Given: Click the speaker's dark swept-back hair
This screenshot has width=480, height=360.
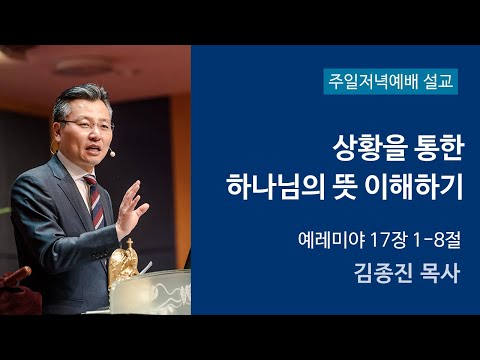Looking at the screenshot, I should coord(100,97).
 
